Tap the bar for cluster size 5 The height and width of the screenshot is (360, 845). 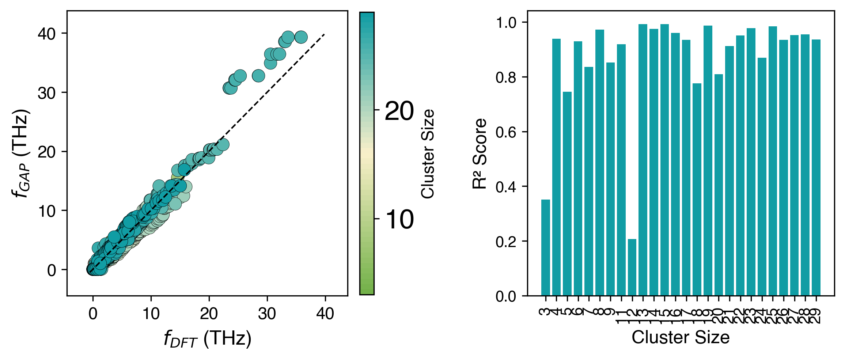567,194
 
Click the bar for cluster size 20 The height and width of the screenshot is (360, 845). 719,185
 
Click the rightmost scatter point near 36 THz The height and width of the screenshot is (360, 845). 301,37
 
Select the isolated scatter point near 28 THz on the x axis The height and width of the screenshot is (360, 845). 258,76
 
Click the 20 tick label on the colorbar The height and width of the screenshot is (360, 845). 399,111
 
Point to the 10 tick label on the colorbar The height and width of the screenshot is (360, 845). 399,220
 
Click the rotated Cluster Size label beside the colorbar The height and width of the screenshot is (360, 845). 428,154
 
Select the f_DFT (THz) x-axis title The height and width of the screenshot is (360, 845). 207,338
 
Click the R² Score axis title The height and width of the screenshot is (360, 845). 480,154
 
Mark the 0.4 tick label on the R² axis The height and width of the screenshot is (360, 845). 505,187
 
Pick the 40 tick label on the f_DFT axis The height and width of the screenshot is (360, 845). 325,314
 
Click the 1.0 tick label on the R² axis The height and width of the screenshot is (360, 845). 505,23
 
